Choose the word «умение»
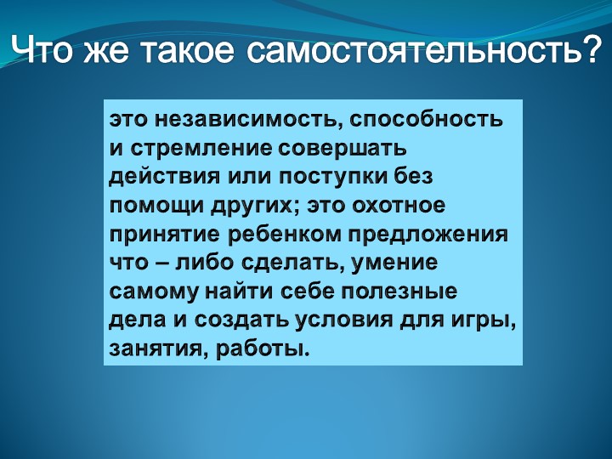tap(394, 263)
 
